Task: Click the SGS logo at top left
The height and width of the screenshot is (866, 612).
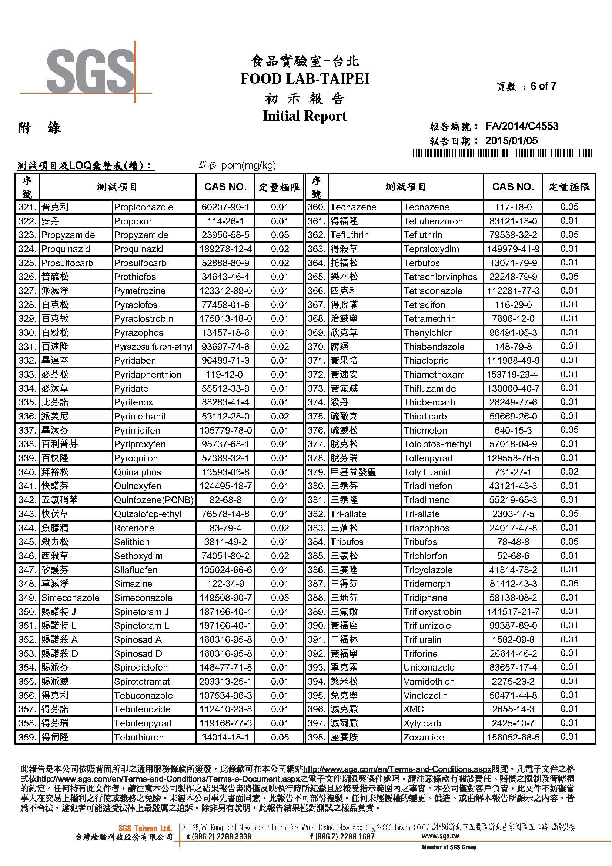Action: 90,71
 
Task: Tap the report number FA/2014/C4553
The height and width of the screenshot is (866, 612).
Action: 522,126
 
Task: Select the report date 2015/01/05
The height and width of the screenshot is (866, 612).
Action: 511,141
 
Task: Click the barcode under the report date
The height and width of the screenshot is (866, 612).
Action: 502,153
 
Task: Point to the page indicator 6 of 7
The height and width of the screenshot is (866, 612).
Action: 543,86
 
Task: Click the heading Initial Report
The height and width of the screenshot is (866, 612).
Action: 305,116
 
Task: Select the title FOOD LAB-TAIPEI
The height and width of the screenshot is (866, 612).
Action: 305,79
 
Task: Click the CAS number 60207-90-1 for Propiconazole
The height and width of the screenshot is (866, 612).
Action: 225,207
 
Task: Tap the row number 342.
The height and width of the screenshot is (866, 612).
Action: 27,500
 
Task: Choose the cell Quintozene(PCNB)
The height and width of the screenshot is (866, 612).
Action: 154,500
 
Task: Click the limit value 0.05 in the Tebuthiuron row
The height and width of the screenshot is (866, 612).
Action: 280,738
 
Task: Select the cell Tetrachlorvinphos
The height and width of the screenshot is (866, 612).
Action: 440,277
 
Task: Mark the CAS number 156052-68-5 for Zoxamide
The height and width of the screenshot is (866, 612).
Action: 513,738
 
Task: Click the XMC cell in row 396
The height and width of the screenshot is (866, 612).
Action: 414,709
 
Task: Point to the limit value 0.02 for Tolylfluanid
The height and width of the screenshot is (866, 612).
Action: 569,472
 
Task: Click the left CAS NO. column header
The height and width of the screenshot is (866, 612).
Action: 225,187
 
